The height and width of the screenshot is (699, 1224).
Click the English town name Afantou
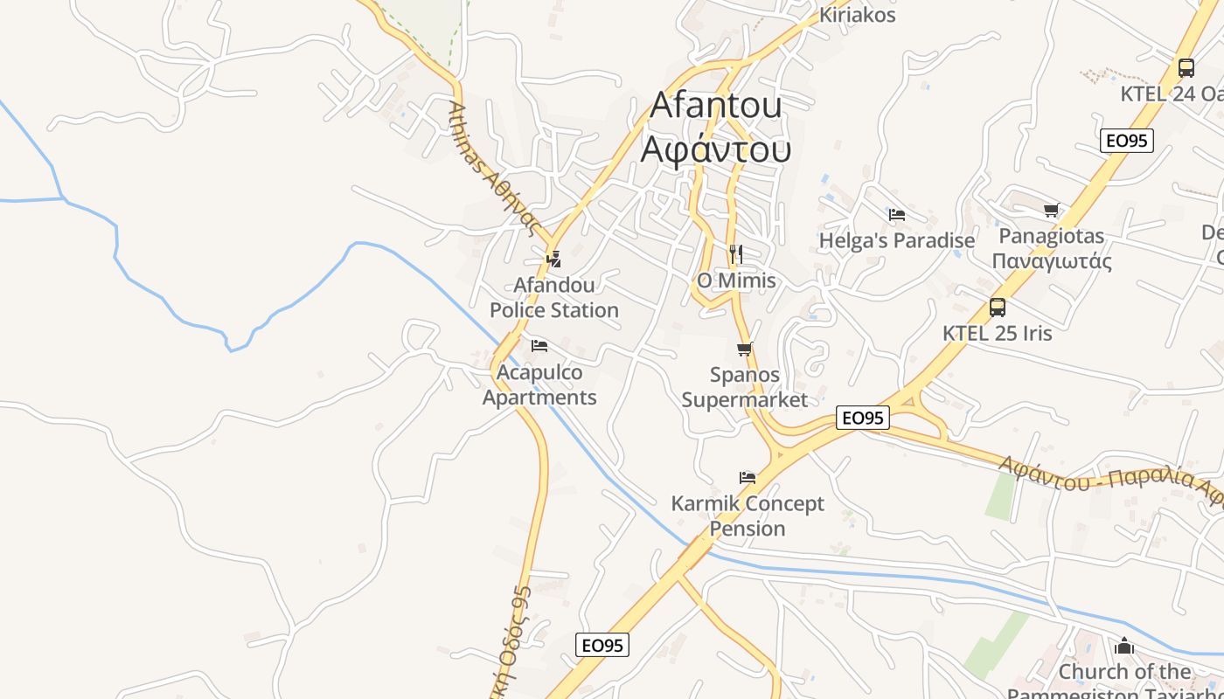716,106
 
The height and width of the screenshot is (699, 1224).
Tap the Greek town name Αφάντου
716,149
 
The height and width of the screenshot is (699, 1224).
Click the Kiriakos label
857,15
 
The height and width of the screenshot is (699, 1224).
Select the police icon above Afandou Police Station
553,259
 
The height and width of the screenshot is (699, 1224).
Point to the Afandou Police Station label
553,298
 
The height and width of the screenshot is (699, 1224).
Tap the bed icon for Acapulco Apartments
539,346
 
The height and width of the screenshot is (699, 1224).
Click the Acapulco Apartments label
539,385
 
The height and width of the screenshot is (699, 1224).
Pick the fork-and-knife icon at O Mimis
735,254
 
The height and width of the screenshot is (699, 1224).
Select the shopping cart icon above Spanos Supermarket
744,349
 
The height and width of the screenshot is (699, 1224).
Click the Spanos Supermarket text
744,387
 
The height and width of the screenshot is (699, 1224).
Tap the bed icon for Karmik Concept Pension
747,477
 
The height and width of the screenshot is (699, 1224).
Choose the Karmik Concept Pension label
747,516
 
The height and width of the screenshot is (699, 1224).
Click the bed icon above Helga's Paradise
896,214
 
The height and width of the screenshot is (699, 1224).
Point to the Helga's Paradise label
896,240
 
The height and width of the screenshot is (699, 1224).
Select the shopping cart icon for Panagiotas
1051,210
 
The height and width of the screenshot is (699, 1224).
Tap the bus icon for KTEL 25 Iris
997,307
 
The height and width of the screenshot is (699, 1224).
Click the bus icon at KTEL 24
1186,67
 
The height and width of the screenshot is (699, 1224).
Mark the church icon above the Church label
1123,647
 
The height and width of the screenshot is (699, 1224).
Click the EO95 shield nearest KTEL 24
1127,141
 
